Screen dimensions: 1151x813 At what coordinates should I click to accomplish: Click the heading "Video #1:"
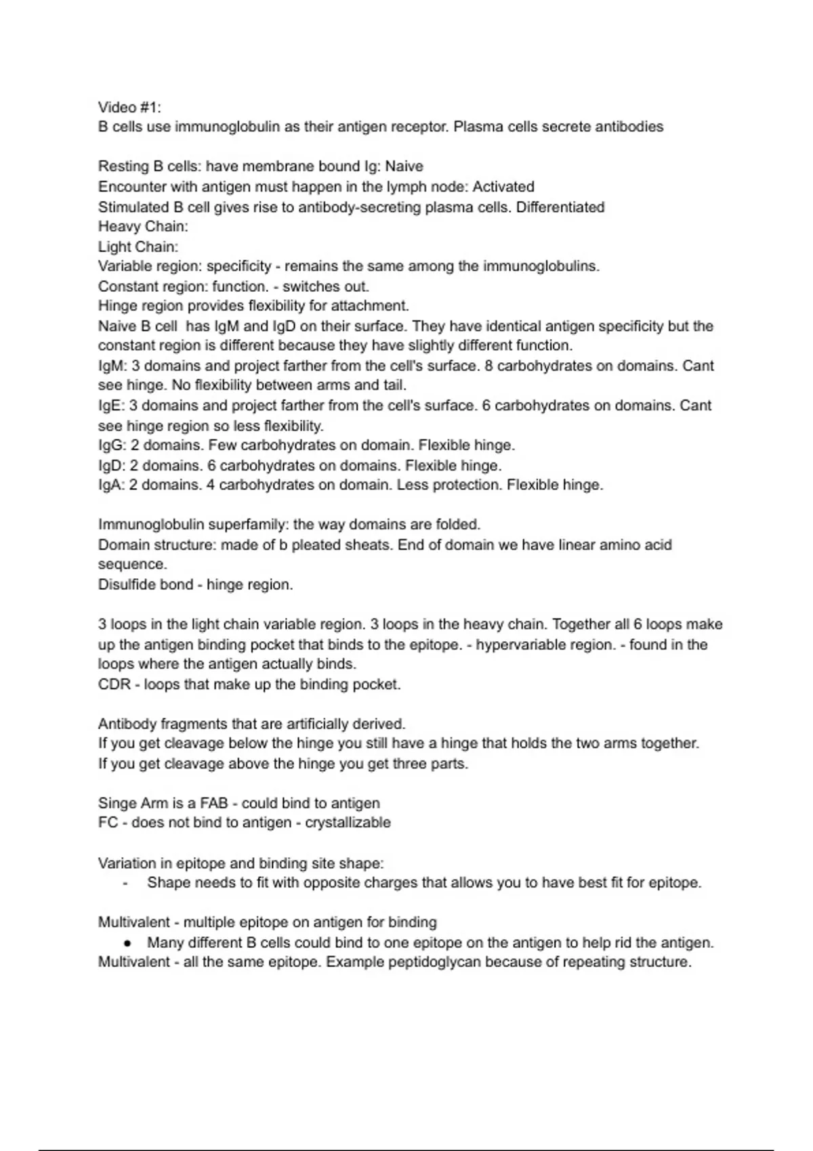pyautogui.click(x=129, y=107)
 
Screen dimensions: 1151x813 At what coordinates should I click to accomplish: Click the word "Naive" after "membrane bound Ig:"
pyautogui.click(x=404, y=167)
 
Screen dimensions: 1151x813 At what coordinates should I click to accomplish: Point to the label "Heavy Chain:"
pyautogui.click(x=143, y=226)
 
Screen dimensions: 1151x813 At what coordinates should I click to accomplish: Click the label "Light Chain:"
pyautogui.click(x=138, y=246)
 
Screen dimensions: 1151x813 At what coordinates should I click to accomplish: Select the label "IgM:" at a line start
pyautogui.click(x=112, y=366)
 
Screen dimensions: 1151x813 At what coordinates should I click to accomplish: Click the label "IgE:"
pyautogui.click(x=111, y=406)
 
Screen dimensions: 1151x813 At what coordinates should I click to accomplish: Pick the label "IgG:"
pyautogui.click(x=112, y=446)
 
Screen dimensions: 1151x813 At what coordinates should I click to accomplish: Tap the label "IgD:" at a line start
pyautogui.click(x=112, y=466)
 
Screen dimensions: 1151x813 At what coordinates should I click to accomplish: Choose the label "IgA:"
pyautogui.click(x=111, y=485)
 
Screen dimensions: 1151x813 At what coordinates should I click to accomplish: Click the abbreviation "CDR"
pyautogui.click(x=114, y=685)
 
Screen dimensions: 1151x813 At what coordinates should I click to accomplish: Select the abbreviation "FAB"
pyautogui.click(x=213, y=804)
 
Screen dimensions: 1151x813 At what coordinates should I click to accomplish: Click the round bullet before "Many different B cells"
pyautogui.click(x=127, y=942)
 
